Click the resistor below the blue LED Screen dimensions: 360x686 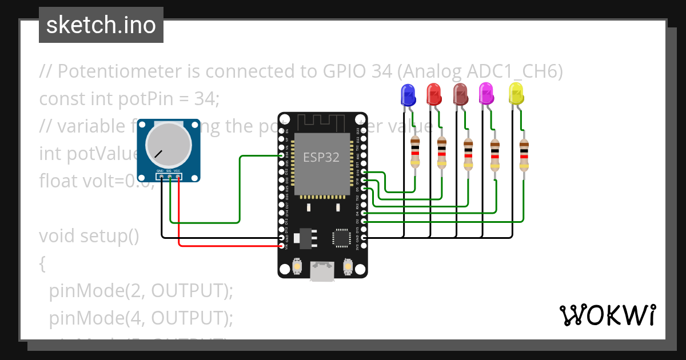click(x=416, y=152)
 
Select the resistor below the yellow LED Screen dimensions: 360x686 click(x=524, y=155)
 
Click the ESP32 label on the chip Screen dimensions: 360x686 click(x=321, y=158)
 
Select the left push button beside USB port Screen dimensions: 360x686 click(x=297, y=266)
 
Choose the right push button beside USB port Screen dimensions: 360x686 click(x=347, y=266)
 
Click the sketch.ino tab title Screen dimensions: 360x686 click(x=101, y=25)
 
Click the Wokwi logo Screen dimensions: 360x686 click(x=607, y=315)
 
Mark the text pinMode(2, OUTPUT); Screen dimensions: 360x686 click(x=141, y=290)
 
